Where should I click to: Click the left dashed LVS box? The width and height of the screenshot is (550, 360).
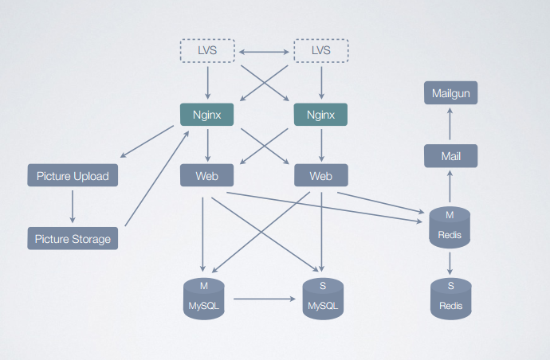[207, 52]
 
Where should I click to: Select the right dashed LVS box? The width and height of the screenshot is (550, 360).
[320, 52]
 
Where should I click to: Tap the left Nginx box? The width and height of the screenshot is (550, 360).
[207, 114]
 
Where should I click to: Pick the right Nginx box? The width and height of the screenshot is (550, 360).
[320, 114]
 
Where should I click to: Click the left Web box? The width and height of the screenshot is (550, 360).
[207, 175]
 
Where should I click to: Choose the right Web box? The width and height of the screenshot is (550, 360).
[320, 175]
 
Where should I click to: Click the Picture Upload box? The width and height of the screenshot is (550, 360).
[73, 175]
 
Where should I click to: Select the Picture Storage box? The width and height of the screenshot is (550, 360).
[73, 237]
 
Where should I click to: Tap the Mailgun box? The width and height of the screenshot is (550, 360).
[450, 93]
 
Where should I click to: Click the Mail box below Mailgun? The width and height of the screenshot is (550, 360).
[450, 156]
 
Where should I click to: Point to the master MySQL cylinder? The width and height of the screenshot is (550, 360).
[204, 298]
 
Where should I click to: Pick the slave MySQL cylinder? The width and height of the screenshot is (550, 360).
[322, 298]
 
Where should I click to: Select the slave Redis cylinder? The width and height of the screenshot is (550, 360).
[450, 296]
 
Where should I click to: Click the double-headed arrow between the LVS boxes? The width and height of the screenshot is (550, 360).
[264, 53]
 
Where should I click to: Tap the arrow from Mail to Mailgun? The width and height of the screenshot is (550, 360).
[450, 124]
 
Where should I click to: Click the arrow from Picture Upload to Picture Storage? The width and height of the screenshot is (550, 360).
[73, 206]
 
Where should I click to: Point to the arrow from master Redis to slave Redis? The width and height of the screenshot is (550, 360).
[450, 262]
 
